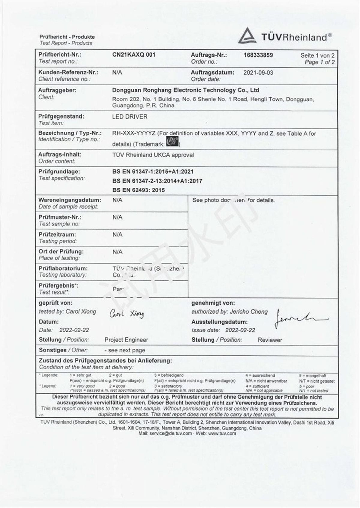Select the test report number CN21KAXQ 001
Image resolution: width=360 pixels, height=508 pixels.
[134, 55]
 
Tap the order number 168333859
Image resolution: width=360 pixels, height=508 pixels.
[258, 55]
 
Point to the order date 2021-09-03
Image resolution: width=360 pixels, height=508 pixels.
[258, 73]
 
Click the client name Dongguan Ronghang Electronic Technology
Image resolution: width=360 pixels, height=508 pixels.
[185, 90]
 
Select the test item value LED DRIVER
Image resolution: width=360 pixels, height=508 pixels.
[130, 117]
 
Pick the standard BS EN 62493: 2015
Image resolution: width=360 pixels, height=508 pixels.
[138, 190]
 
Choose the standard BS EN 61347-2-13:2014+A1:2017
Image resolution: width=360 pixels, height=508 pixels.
[157, 181]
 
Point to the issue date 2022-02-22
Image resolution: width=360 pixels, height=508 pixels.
[240, 330]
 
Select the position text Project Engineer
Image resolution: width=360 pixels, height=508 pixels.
[126, 340]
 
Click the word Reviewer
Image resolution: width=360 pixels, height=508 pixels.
[270, 340]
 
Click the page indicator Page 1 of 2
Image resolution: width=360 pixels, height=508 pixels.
[319, 62]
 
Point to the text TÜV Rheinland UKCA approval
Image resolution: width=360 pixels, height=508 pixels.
[153, 155]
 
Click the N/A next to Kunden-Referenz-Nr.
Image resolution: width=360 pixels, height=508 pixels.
[117, 73]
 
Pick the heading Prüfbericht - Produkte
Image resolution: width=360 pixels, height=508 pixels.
[67, 37]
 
